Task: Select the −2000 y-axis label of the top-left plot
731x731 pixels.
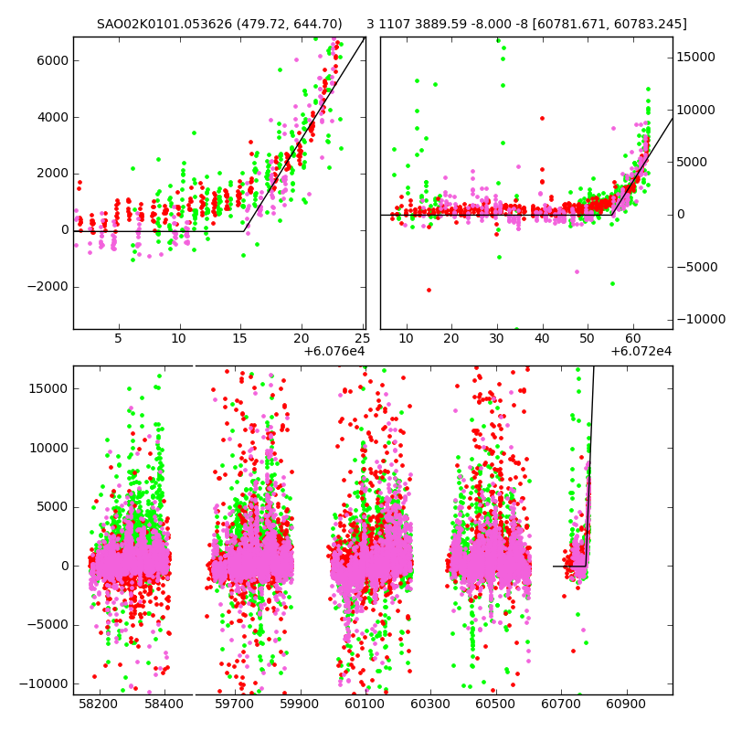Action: [x=48, y=286]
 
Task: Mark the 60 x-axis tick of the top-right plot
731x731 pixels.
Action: [x=632, y=338]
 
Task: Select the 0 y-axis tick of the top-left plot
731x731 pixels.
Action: [x=64, y=229]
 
